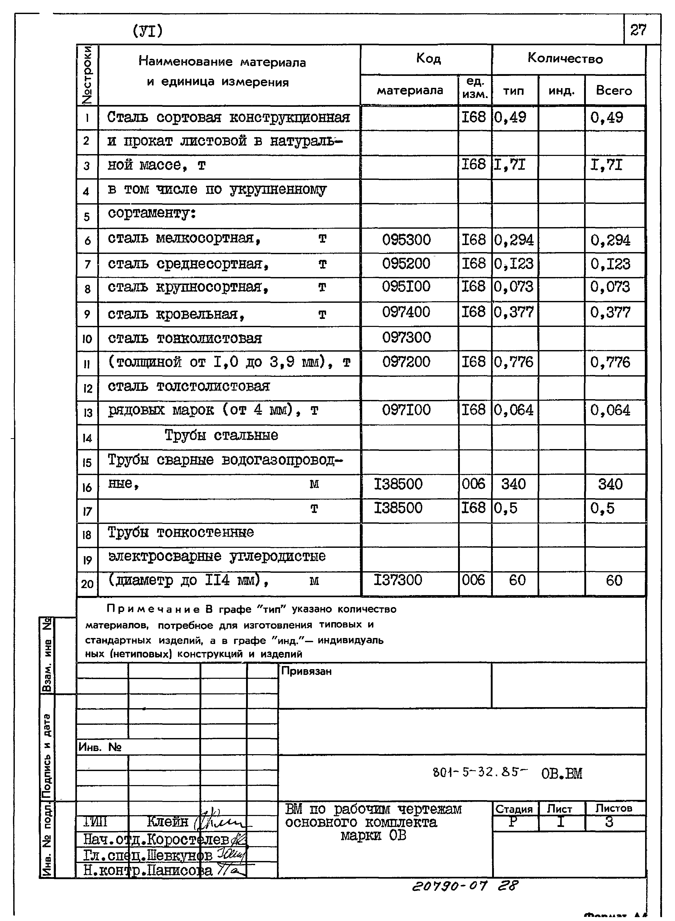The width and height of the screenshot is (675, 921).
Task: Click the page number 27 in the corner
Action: pyautogui.click(x=638, y=30)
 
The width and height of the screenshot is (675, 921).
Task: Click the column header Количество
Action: pyautogui.click(x=565, y=58)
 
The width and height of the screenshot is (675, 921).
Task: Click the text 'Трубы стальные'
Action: pyautogui.click(x=221, y=436)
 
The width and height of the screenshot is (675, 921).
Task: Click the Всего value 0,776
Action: pyautogui.click(x=610, y=362)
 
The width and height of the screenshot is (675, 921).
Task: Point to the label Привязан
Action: pyautogui.click(x=306, y=671)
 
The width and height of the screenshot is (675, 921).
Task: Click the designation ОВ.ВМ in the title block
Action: pyautogui.click(x=561, y=773)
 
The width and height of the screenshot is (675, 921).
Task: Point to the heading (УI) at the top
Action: pyautogui.click(x=148, y=31)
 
